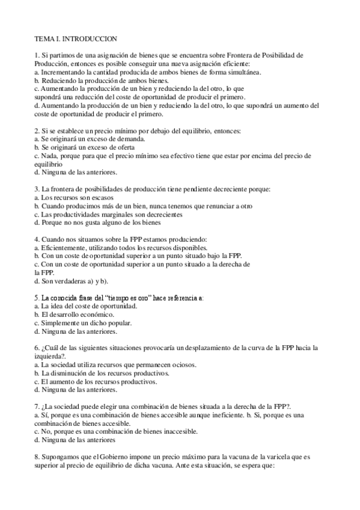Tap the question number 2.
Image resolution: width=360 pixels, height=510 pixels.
pyautogui.click(x=37, y=131)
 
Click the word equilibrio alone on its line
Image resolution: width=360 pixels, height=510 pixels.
pyautogui.click(x=49, y=164)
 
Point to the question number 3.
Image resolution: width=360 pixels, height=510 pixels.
pyautogui.click(x=37, y=189)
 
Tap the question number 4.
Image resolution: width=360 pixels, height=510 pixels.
pyautogui.click(x=37, y=239)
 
